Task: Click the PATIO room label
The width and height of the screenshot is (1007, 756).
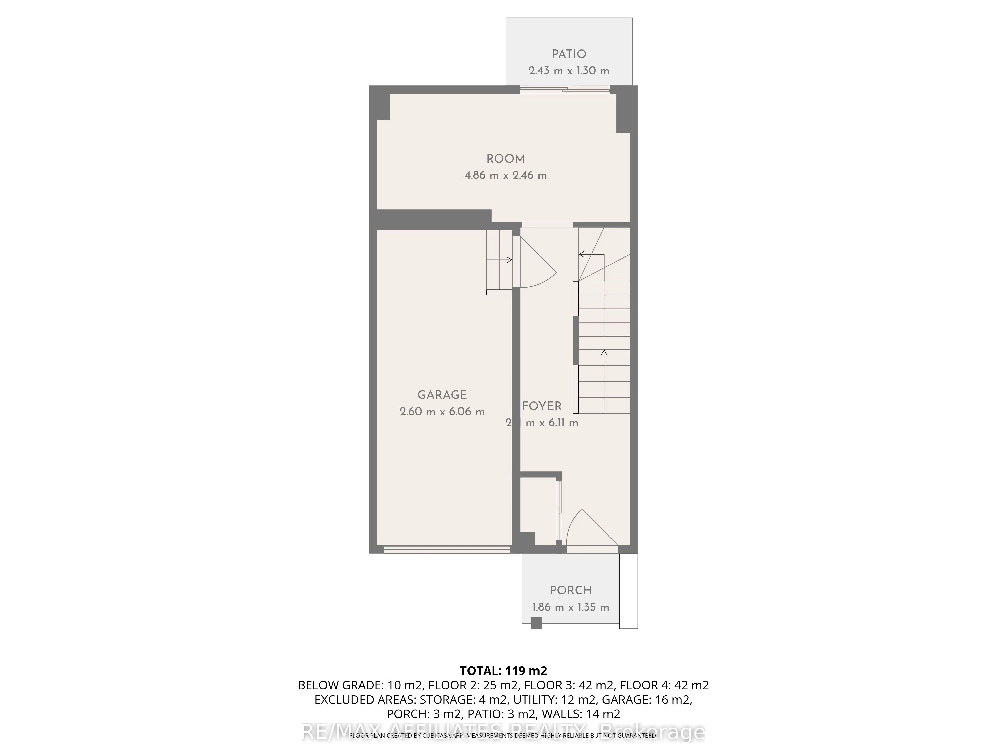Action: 569,54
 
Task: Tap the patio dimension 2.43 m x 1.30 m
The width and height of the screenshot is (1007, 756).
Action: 569,71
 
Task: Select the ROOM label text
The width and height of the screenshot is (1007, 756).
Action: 505,159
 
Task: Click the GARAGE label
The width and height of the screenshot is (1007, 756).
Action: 442,395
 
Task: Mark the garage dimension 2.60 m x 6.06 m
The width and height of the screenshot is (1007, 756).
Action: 442,412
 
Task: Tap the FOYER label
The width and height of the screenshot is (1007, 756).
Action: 542,406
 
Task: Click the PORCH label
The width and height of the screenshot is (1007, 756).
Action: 570,591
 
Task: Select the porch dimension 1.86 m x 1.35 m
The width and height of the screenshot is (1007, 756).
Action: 570,607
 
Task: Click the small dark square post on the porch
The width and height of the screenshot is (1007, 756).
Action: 536,623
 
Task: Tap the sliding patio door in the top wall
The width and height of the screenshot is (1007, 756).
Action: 564,90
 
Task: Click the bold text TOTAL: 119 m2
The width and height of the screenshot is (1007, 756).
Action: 503,671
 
